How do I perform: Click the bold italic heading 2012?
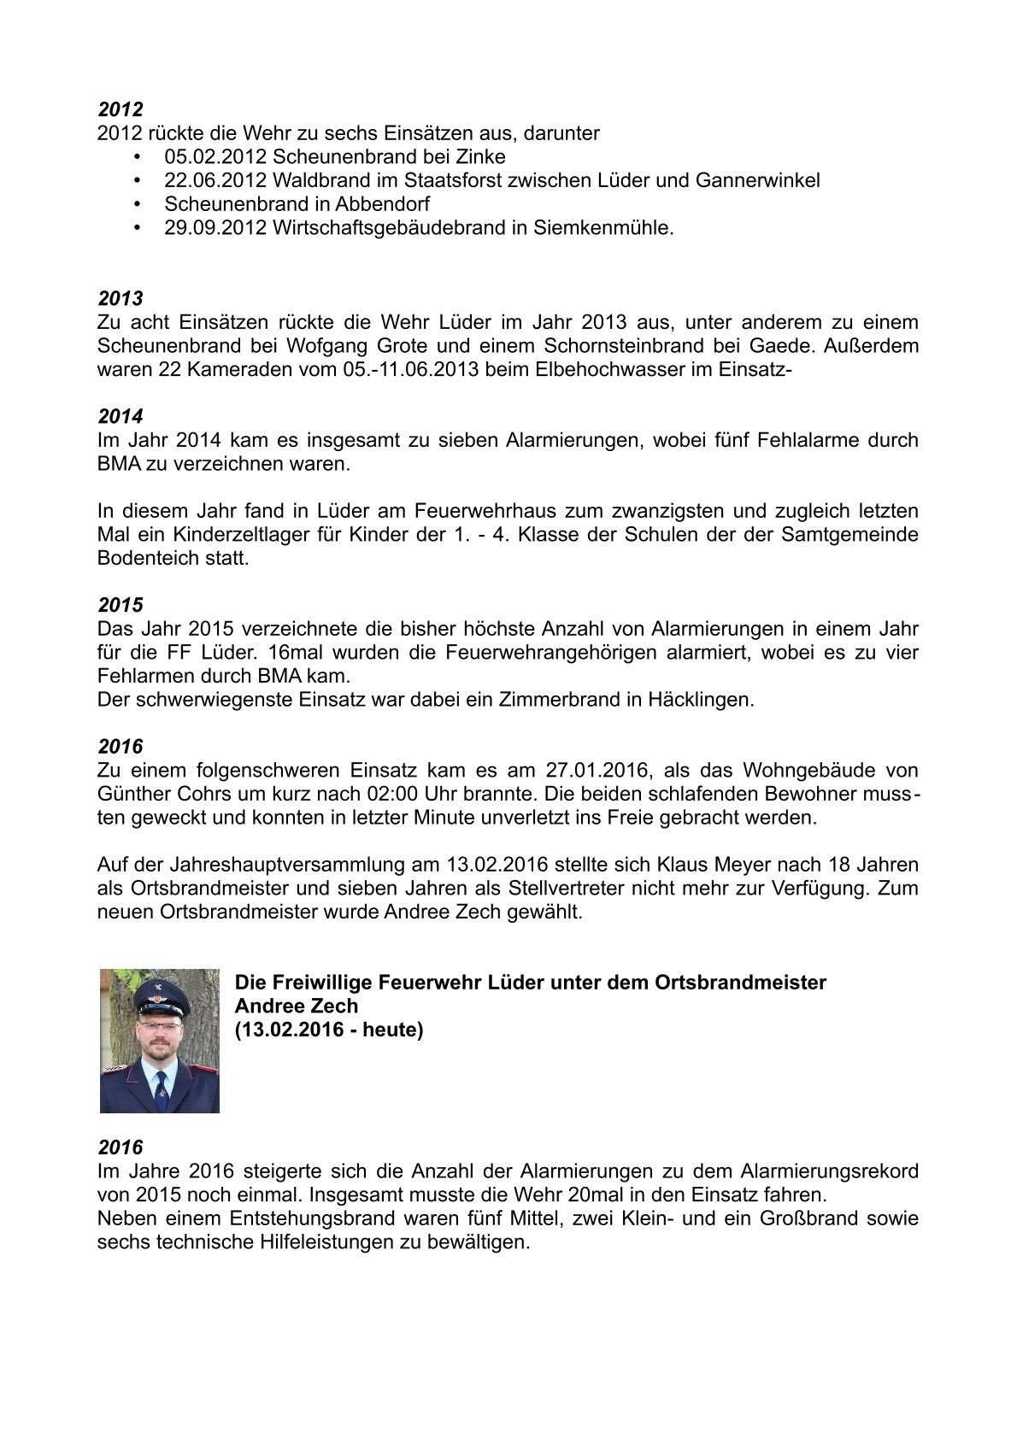pos(121,109)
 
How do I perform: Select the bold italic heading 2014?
pos(121,417)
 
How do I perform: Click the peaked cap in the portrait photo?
pos(160,994)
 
